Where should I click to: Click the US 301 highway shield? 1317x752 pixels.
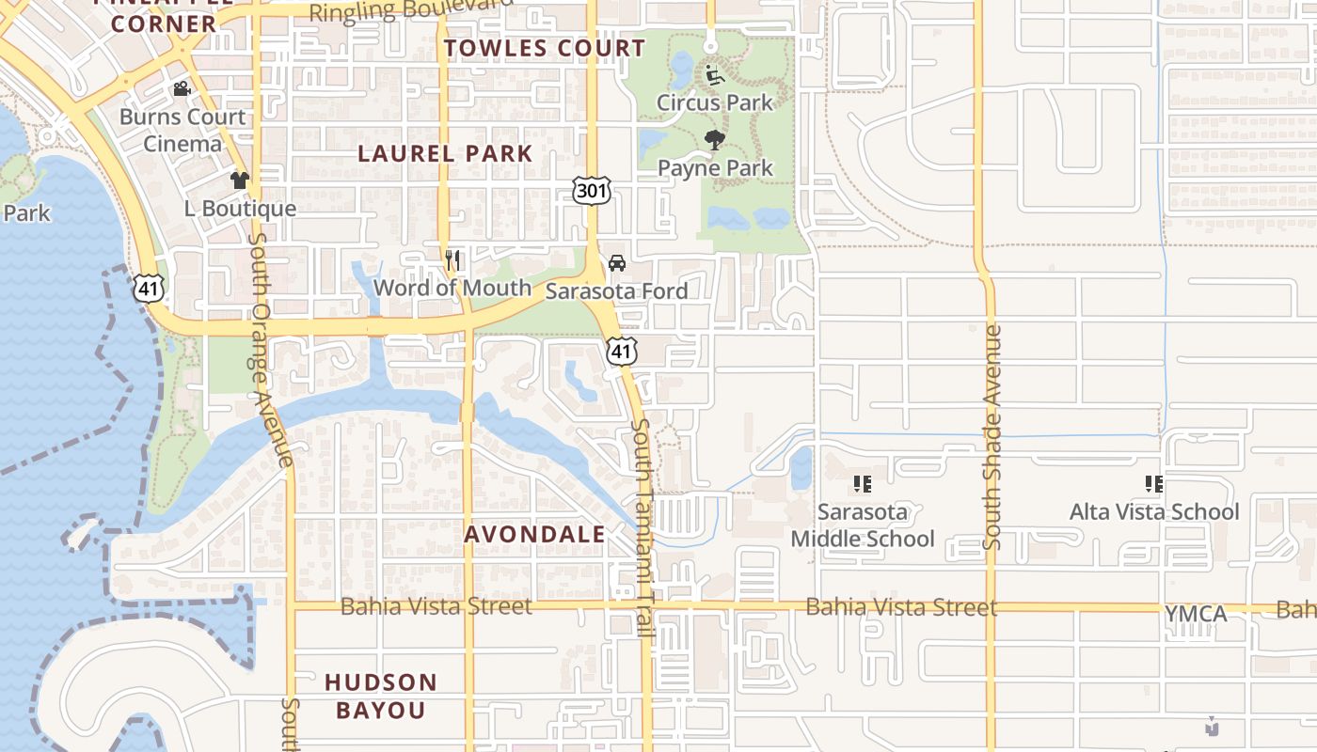click(x=592, y=192)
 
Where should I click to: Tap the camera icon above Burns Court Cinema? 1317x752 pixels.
click(x=182, y=89)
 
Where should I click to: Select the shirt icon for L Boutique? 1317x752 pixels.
click(x=240, y=180)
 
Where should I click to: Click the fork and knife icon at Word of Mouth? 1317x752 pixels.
click(x=452, y=259)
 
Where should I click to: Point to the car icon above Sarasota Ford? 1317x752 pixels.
click(x=617, y=263)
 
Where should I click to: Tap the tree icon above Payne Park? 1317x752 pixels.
click(x=715, y=140)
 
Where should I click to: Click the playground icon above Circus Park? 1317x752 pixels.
click(x=715, y=74)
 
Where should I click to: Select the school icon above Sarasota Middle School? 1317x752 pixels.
click(x=862, y=484)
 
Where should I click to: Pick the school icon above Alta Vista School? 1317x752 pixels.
click(x=1154, y=484)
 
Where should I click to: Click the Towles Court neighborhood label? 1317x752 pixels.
click(x=545, y=48)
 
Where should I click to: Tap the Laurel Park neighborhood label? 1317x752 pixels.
click(x=446, y=153)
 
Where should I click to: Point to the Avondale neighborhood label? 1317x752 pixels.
click(x=535, y=535)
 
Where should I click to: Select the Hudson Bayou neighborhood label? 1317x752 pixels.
click(x=382, y=696)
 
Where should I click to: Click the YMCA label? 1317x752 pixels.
click(x=1196, y=614)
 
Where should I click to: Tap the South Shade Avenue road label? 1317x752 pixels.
click(x=992, y=437)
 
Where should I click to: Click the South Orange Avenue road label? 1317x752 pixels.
click(x=272, y=348)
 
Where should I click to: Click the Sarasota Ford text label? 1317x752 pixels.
click(x=616, y=290)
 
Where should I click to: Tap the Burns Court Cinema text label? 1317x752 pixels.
click(x=182, y=130)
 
